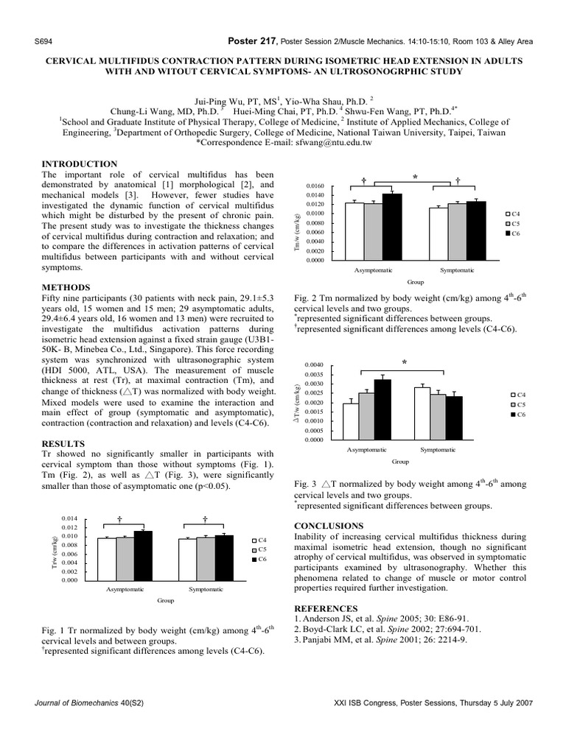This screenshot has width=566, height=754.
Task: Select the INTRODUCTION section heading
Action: pos(80,163)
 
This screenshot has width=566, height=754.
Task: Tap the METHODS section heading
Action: pos(66,286)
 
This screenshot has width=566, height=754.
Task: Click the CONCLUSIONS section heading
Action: pos(328,526)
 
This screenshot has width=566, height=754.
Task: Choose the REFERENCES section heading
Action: pos(325,608)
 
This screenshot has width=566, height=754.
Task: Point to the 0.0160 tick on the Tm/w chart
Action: pos(315,186)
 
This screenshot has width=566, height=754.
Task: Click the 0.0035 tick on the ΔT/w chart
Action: pos(314,375)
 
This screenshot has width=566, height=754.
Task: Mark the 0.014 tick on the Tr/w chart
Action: pos(69,519)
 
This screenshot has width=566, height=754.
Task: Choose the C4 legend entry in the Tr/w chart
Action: pos(259,540)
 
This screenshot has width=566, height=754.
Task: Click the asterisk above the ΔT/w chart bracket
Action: pos(404,362)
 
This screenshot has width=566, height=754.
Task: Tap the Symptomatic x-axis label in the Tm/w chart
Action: pos(457,271)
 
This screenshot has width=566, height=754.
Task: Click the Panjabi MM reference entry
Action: pos(380,639)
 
